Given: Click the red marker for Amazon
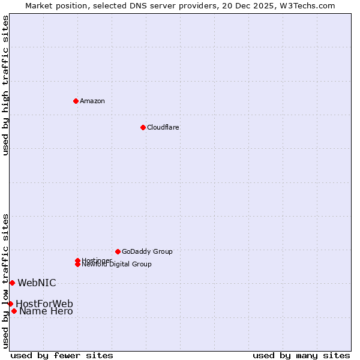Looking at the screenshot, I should point(76,101).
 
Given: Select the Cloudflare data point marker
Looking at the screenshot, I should point(143,127).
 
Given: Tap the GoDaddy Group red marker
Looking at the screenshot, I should point(118,251).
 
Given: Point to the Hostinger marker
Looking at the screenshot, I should point(77,260).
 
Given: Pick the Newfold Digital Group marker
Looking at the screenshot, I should point(77,264).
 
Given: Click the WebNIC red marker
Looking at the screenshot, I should point(12,283).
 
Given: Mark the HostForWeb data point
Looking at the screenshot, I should point(10,304).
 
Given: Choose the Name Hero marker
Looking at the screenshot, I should point(14,311).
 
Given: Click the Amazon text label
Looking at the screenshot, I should point(92,101).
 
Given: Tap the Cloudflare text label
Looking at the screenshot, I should point(163,127).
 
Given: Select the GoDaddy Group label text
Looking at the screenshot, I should point(147,251).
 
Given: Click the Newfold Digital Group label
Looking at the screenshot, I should point(117,265).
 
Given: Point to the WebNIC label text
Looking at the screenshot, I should point(37,283).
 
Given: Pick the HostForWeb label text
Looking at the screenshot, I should point(44,304).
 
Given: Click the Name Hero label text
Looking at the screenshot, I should point(46,311).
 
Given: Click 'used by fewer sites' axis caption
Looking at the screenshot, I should point(62,355).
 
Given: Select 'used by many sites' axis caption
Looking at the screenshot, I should point(301,355).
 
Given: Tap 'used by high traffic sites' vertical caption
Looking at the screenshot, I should point(5,85).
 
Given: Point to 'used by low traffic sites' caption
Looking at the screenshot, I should point(5,280).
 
